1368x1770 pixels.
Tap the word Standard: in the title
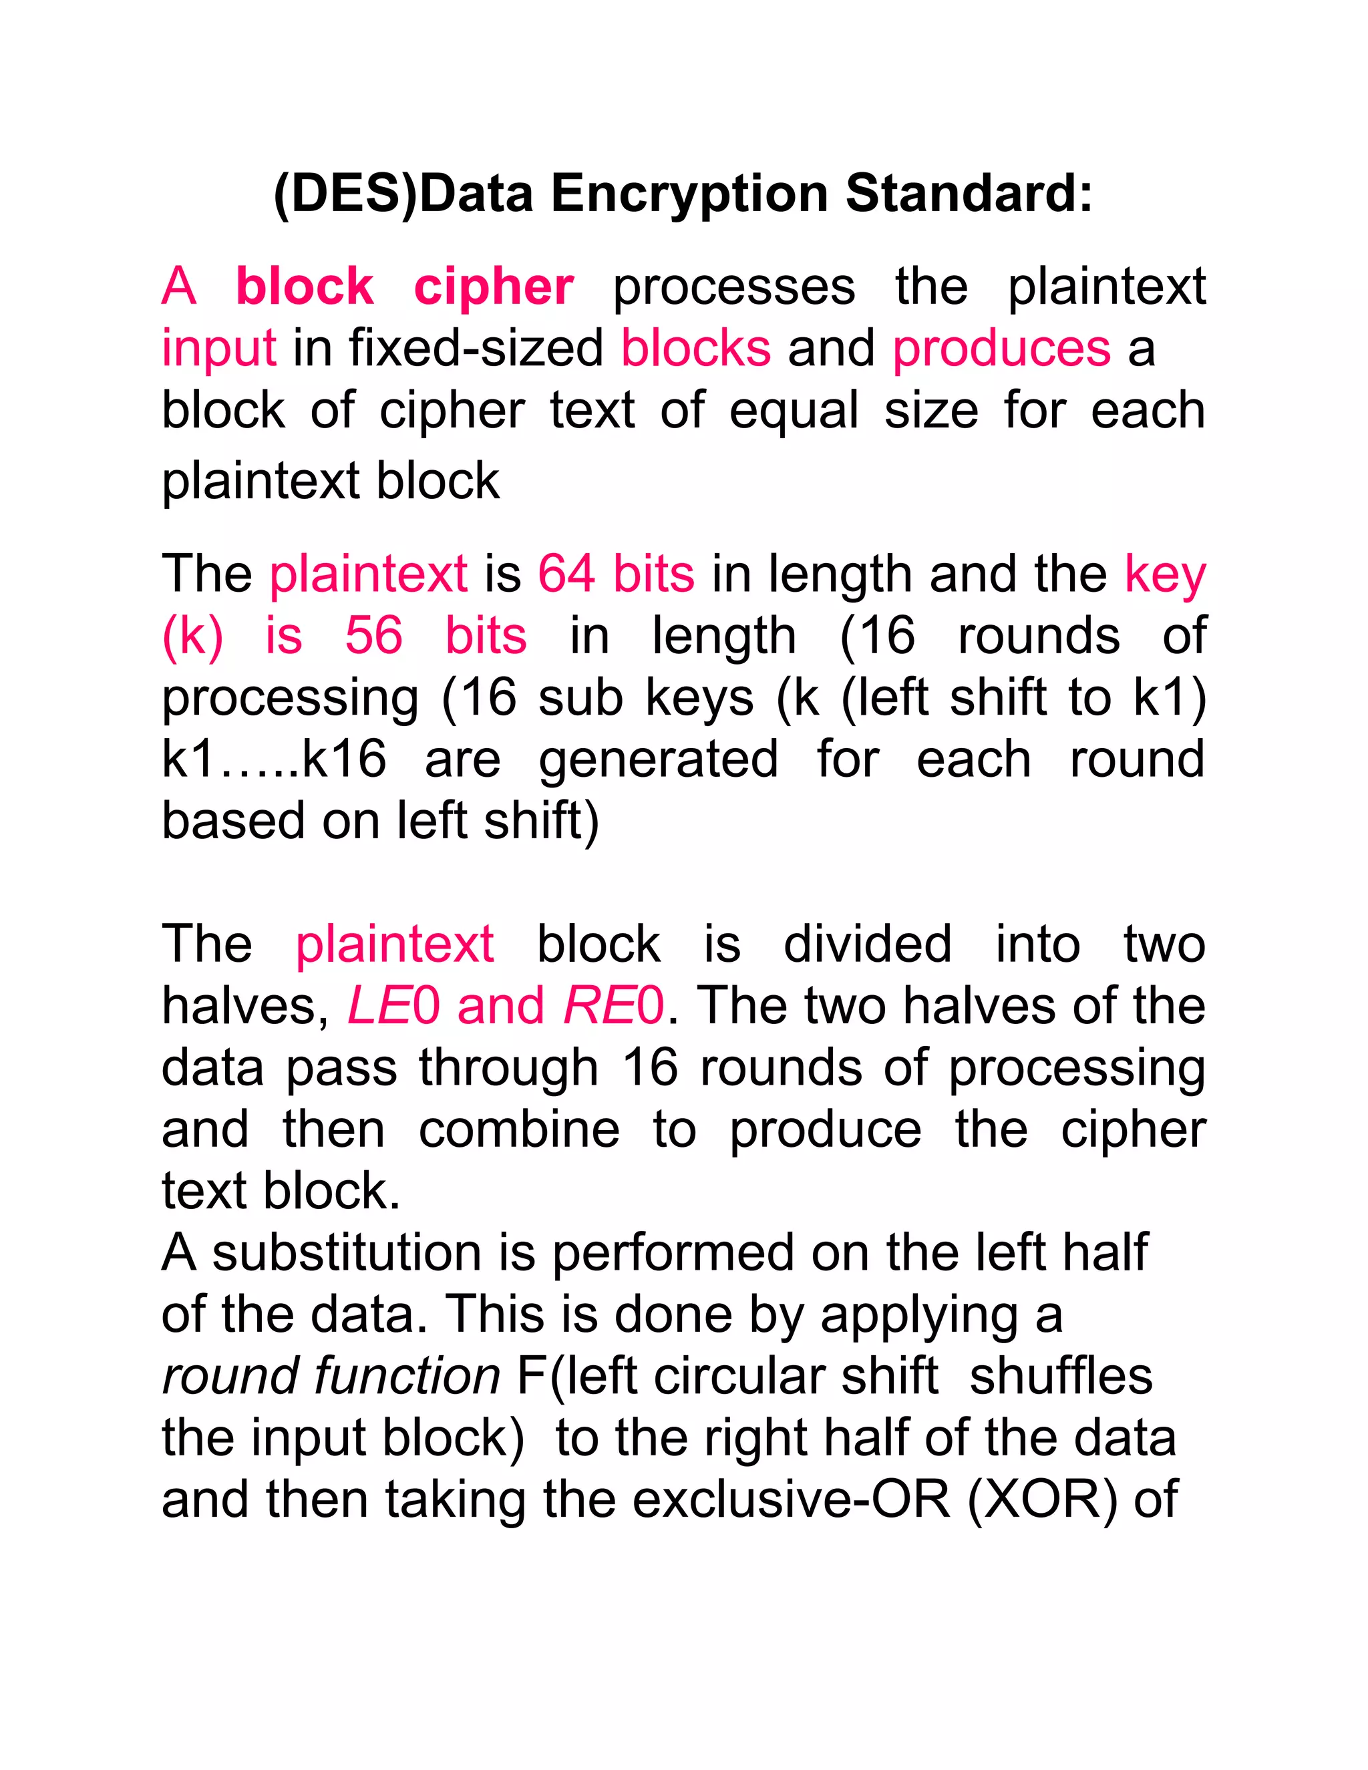click(969, 194)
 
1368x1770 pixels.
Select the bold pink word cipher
click(494, 287)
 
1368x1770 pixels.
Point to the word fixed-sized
click(476, 349)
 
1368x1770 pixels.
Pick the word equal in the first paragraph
click(794, 411)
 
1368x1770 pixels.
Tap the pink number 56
click(373, 635)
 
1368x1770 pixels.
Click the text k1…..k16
click(274, 759)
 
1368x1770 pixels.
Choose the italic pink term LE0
click(393, 1007)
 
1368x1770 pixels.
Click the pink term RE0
click(613, 1007)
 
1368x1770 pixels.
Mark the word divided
click(867, 945)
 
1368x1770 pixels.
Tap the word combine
click(518, 1129)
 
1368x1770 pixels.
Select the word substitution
click(347, 1253)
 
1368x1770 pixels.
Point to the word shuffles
click(1060, 1376)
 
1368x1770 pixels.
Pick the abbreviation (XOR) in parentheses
click(1041, 1500)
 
